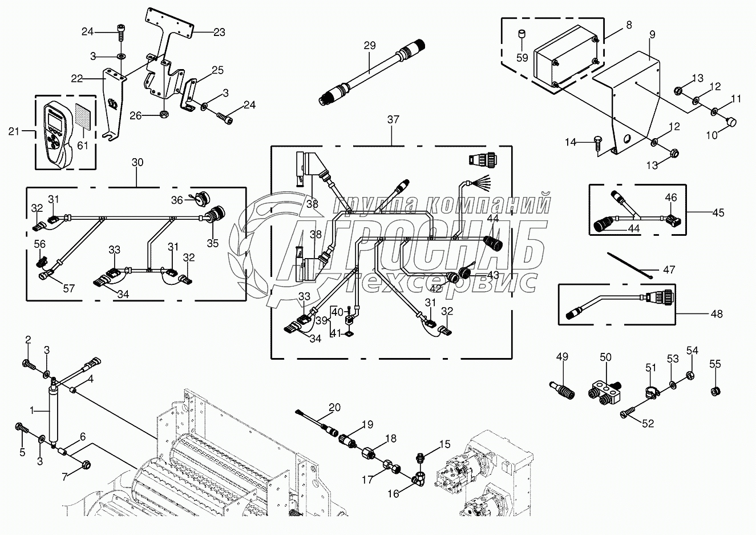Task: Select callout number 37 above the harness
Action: (x=393, y=119)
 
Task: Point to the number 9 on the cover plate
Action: (x=652, y=35)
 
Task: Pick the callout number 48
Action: (x=717, y=313)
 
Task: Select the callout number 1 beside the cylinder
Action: (x=32, y=410)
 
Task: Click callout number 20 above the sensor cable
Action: (x=334, y=407)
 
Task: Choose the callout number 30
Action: (x=137, y=162)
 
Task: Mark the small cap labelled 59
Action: (x=521, y=36)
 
